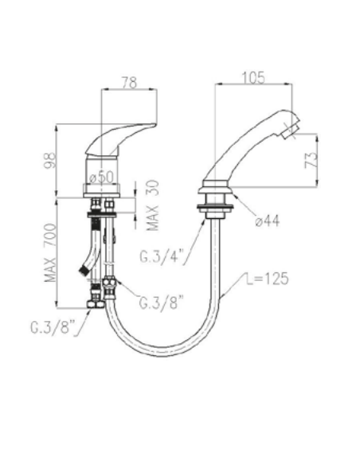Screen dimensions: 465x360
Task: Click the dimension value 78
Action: point(129,82)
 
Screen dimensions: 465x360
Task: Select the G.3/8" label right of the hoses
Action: point(162,303)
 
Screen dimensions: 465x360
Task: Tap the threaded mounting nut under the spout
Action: point(215,202)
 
